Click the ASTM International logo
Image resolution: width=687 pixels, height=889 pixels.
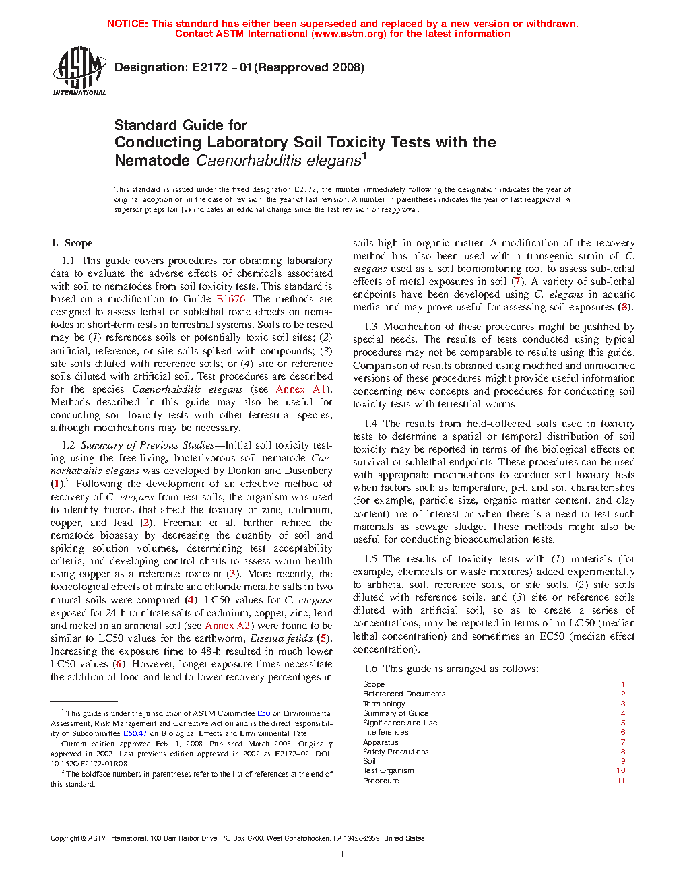click(x=79, y=71)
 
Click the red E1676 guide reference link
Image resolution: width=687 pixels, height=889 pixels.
click(x=231, y=299)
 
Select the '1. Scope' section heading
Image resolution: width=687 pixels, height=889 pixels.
click(x=71, y=243)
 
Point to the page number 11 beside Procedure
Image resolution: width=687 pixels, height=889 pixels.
click(x=621, y=781)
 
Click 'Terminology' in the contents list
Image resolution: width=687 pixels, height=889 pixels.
click(x=384, y=704)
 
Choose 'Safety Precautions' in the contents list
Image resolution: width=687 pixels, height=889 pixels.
click(x=395, y=752)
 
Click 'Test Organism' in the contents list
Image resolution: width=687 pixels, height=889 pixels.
click(x=388, y=770)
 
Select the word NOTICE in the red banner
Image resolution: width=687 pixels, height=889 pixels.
click(x=127, y=24)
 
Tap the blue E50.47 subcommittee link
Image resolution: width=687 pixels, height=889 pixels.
click(x=135, y=733)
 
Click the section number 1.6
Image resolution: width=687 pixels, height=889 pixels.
click(x=370, y=669)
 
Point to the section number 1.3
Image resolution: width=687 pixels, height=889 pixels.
click(x=370, y=327)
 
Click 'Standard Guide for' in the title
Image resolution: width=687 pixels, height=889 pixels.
click(x=181, y=125)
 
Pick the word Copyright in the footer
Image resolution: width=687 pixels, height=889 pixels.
click(x=65, y=838)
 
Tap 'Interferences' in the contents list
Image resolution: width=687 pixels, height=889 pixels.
click(x=385, y=732)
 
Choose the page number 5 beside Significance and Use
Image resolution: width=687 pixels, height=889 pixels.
click(x=623, y=723)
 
